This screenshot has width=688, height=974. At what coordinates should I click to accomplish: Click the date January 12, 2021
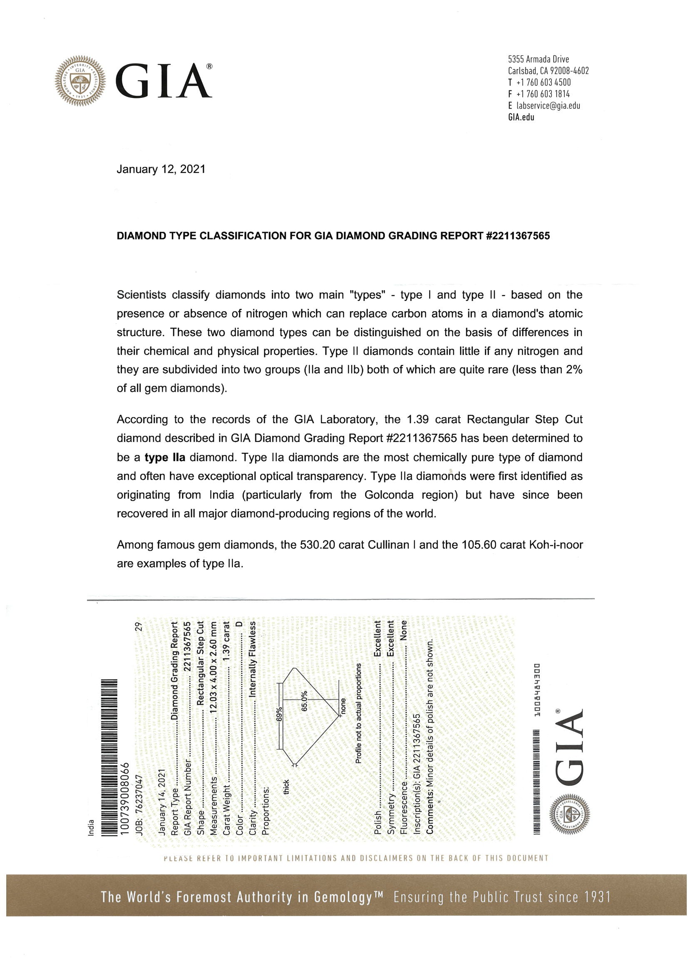161,169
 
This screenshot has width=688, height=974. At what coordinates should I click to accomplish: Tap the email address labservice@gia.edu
548,106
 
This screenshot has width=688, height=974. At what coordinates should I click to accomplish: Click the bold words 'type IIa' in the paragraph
165,457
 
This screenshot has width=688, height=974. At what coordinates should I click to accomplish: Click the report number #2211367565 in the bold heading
517,236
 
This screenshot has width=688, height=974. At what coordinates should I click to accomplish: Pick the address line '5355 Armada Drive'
538,60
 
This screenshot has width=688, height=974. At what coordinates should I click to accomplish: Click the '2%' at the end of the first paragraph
574,370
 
